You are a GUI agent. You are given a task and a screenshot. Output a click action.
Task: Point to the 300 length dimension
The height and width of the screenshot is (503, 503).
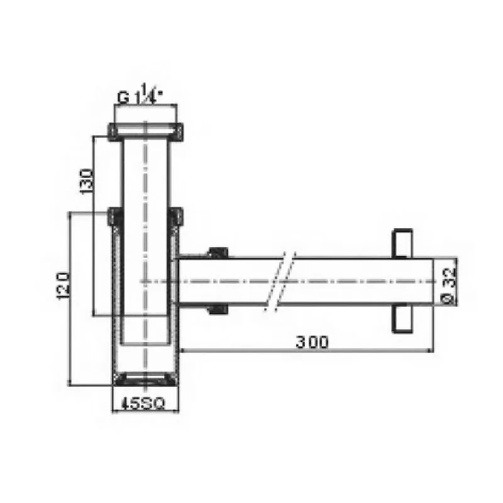point(313,342)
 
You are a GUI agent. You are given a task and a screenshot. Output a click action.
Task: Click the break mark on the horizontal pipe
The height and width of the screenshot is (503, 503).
point(280,281)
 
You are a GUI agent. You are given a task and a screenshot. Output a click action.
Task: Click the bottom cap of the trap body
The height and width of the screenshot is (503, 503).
point(145,379)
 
